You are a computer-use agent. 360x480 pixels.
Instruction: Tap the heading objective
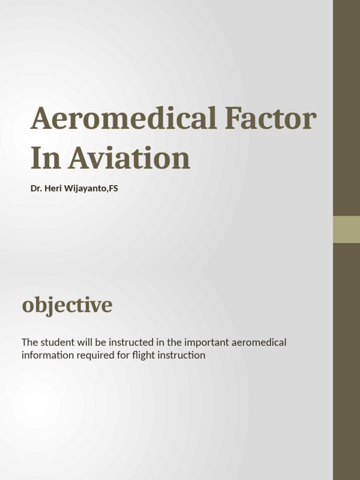[67, 305]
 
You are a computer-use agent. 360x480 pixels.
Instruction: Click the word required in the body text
[91, 355]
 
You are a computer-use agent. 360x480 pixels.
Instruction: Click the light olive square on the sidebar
[346, 229]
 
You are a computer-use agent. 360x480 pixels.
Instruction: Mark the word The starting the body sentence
[29, 342]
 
